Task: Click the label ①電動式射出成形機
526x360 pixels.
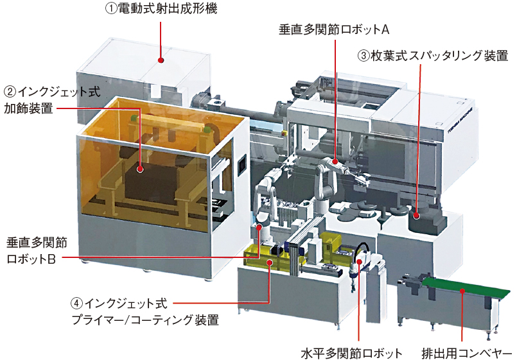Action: coord(161,8)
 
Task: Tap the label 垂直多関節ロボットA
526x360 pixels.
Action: coord(334,30)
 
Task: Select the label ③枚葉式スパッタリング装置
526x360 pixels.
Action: coord(433,55)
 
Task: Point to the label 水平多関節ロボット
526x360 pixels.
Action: coord(351,353)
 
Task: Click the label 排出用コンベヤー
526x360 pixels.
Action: coord(467,353)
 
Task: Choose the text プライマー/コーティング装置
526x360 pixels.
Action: coord(145,320)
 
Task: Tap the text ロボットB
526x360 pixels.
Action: coord(31,259)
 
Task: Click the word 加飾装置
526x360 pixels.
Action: coord(28,108)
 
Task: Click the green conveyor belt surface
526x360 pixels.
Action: coord(466,288)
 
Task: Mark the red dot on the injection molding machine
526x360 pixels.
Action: coord(161,60)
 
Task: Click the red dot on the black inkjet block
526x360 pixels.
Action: coord(140,169)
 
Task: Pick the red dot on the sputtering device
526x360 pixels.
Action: coord(416,216)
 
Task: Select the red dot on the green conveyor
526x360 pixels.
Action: coord(462,291)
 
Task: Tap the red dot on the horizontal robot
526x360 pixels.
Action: coord(359,261)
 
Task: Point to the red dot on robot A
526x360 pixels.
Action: coord(335,162)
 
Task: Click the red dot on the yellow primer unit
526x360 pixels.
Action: coord(269,262)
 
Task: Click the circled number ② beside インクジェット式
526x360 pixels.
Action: coord(10,92)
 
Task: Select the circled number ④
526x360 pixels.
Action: coord(77,304)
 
